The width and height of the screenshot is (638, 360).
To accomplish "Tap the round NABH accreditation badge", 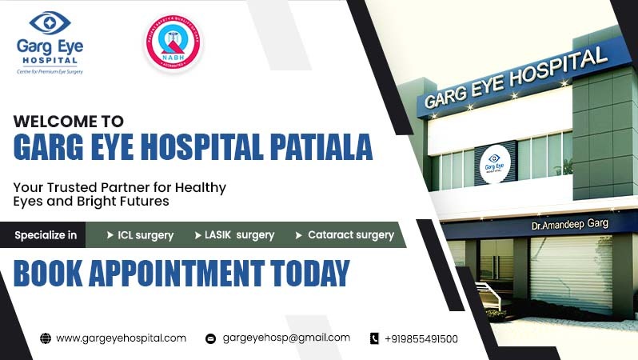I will click(x=173, y=44).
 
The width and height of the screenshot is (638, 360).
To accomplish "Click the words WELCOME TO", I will click(x=69, y=122).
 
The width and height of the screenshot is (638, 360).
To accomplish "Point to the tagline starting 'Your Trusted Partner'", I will click(x=119, y=194).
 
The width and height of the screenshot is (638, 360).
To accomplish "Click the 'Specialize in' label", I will click(x=46, y=235).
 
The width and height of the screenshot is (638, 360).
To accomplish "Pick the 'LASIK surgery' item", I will click(x=234, y=235).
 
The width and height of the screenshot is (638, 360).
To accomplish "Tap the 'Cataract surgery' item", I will click(x=345, y=235).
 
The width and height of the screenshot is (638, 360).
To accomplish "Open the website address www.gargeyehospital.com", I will click(x=121, y=338).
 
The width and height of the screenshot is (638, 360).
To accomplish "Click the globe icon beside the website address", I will click(x=46, y=338).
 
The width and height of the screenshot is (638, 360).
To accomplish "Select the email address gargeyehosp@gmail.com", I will click(x=286, y=338).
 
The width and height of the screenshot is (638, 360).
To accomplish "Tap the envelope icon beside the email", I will click(x=211, y=338).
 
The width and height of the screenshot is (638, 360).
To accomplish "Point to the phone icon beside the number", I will click(x=374, y=338).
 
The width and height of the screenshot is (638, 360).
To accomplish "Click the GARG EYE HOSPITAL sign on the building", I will click(x=515, y=78).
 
